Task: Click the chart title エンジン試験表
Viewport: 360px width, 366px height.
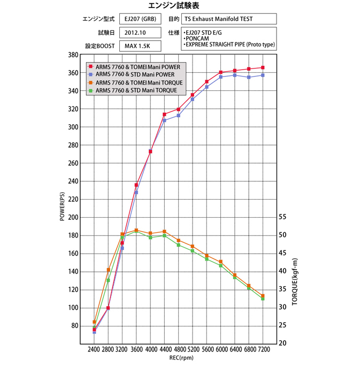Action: click(x=180, y=6)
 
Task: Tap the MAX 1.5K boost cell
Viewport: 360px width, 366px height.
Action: click(x=137, y=46)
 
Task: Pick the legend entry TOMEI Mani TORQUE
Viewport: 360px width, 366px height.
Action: click(x=140, y=82)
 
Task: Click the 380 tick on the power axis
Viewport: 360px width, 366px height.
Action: click(x=74, y=55)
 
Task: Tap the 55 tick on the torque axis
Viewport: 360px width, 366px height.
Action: click(x=283, y=217)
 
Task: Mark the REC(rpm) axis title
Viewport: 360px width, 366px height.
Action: click(x=178, y=358)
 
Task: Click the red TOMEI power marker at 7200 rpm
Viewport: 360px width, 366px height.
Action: click(x=263, y=67)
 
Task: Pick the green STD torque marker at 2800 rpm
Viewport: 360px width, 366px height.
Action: click(x=108, y=280)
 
